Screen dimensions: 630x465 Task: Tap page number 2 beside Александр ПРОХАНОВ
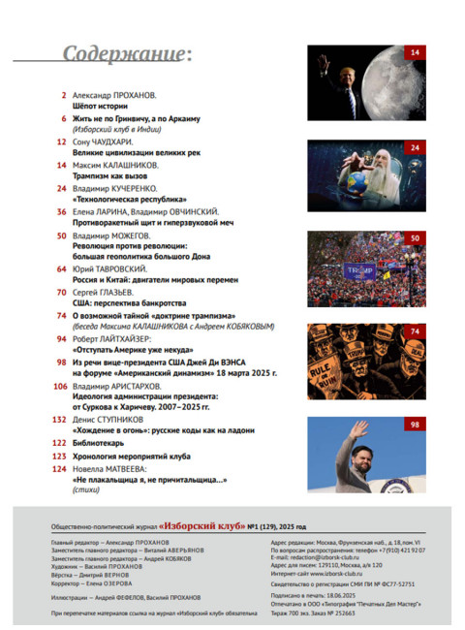[x=63, y=95]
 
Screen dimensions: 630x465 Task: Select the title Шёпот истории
[x=103, y=107]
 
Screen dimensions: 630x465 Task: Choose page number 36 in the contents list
[x=60, y=211]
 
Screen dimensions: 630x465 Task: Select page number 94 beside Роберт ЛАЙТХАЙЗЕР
[x=60, y=338]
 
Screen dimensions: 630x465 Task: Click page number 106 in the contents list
[x=57, y=385]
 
